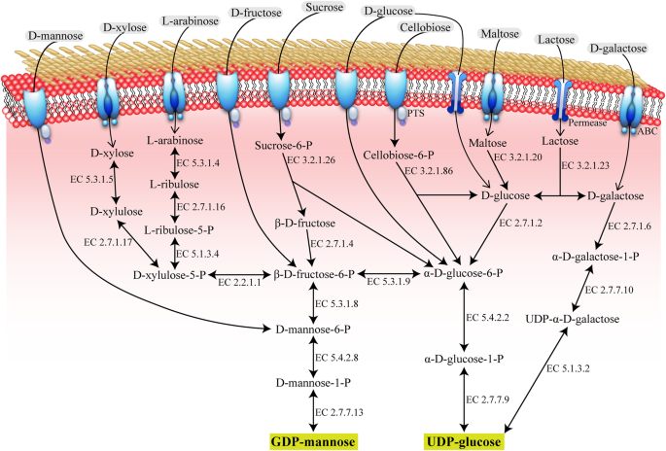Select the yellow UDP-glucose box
(466, 441)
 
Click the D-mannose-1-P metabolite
(312, 382)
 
